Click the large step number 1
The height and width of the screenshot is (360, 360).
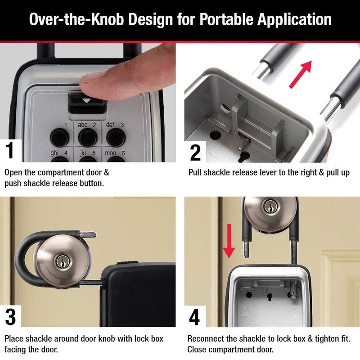point(10,152)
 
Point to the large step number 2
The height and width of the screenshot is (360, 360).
point(195,152)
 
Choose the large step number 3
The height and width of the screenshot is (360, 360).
point(10,317)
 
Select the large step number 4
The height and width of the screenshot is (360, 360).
point(195,317)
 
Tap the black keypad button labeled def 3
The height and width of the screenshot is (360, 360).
point(115,135)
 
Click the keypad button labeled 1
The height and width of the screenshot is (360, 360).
point(58,135)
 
